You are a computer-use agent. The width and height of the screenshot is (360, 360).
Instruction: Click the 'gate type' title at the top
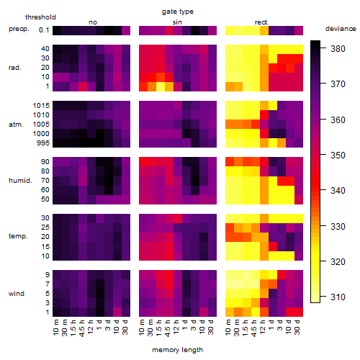pyautogui.click(x=178, y=12)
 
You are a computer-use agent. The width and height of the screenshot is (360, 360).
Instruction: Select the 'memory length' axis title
pyautogui.click(x=177, y=350)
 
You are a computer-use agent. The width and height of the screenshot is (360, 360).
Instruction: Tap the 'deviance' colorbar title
pyautogui.click(x=341, y=29)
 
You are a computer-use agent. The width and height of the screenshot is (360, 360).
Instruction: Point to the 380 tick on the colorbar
pyautogui.click(x=338, y=49)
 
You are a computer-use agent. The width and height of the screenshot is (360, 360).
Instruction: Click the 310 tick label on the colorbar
pyautogui.click(x=338, y=297)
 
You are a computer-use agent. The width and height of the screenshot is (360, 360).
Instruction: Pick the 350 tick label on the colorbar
pyautogui.click(x=338, y=156)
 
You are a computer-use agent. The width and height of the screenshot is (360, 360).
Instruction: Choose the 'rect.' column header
pyautogui.click(x=261, y=22)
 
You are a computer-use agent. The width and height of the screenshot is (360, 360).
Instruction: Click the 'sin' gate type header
pyautogui.click(x=177, y=22)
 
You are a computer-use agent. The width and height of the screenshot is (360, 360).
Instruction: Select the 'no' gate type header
pyautogui.click(x=93, y=22)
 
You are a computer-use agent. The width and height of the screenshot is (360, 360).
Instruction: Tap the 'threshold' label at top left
pyautogui.click(x=40, y=17)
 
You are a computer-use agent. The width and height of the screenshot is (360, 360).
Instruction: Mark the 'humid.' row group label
pyautogui.click(x=20, y=181)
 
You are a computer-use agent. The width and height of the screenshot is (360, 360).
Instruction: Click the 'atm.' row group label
pyautogui.click(x=16, y=125)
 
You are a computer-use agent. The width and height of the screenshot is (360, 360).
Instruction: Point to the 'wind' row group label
pyautogui.click(x=17, y=294)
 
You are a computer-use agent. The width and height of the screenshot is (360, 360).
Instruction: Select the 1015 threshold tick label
pyautogui.click(x=41, y=106)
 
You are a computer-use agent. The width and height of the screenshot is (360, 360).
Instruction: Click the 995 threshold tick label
pyautogui.click(x=43, y=143)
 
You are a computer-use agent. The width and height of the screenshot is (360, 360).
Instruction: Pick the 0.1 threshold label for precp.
pyautogui.click(x=44, y=30)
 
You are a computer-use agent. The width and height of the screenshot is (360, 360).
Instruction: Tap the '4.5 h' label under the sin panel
pyautogui.click(x=168, y=328)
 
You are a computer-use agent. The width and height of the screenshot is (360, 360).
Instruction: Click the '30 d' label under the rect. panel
pyautogui.click(x=297, y=328)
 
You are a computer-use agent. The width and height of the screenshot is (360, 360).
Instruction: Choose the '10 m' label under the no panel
pyautogui.click(x=55, y=328)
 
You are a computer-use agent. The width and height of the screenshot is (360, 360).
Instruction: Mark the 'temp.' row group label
pyautogui.click(x=18, y=236)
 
